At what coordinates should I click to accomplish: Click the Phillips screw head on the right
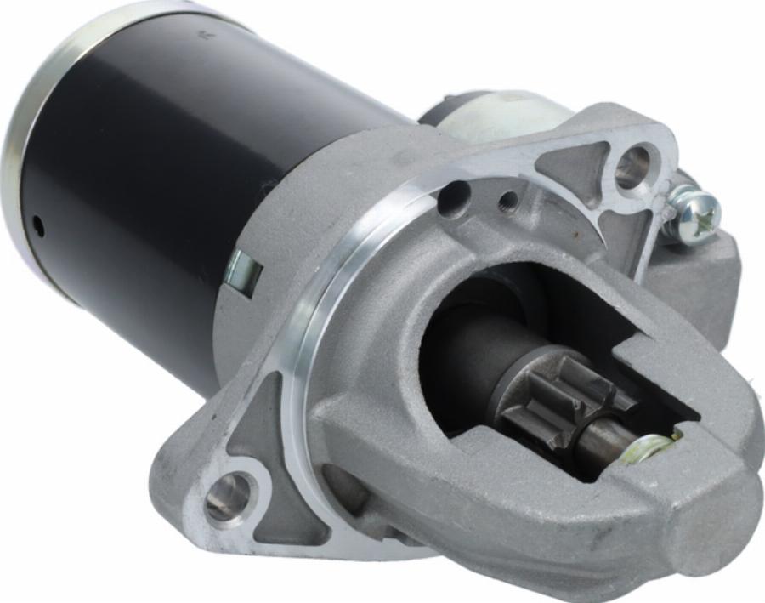tap(700, 212)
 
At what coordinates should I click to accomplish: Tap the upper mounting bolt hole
tap(632, 166)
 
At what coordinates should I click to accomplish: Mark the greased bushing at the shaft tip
tap(650, 447)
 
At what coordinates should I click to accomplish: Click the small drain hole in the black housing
tap(37, 225)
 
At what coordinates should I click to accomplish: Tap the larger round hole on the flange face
tap(452, 198)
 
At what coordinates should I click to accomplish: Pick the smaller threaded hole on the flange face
tap(507, 201)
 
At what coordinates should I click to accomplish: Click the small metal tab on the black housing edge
tap(242, 271)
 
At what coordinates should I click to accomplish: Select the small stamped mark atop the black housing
tap(203, 37)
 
